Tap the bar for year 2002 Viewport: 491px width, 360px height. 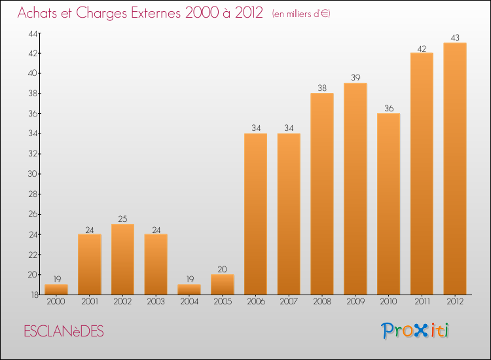(122, 259)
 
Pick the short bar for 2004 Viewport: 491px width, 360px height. (189, 289)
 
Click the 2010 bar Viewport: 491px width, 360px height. (388, 204)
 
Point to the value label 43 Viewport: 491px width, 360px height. (455, 37)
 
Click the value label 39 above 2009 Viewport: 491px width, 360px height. (355, 78)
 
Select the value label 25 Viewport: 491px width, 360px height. (122, 219)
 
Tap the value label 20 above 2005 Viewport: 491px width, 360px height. (223, 269)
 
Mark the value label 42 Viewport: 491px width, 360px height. (422, 48)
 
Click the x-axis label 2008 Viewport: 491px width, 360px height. (322, 302)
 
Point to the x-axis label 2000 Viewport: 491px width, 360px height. (56, 302)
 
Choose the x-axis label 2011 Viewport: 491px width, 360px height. (422, 302)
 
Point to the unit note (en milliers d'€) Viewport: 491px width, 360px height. (301, 14)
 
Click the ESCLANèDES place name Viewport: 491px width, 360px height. (64, 332)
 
